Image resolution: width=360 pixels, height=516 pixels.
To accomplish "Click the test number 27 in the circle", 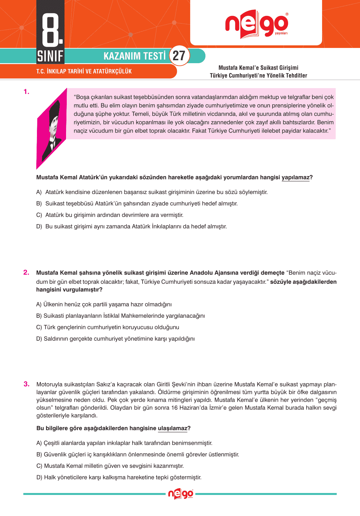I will click(x=179, y=56).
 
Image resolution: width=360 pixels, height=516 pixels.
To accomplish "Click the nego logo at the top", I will click(x=256, y=24).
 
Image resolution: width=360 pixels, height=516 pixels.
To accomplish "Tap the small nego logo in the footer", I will click(x=180, y=494).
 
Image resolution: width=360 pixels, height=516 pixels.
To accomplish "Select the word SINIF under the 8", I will click(x=50, y=56).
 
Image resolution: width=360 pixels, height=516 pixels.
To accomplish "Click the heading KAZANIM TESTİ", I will click(x=134, y=56).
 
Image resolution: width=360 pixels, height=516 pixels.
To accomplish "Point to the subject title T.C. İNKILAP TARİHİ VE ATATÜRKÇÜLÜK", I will click(x=84, y=71).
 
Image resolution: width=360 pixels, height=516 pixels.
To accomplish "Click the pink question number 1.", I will click(x=26, y=92).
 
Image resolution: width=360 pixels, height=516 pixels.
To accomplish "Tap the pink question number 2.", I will click(x=26, y=272).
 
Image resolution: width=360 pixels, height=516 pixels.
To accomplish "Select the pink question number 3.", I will click(x=27, y=384).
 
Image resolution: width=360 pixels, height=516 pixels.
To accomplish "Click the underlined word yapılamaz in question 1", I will click(x=295, y=178).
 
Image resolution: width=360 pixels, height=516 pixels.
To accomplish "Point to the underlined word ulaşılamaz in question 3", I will click(x=172, y=428).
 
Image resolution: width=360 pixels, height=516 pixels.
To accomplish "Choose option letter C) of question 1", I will click(x=39, y=215).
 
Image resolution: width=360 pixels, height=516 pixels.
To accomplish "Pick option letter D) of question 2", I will click(x=39, y=339).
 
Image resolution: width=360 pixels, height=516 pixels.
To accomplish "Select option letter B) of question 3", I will click(x=39, y=454).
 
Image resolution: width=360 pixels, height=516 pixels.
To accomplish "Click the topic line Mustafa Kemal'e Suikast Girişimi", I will click(x=258, y=68).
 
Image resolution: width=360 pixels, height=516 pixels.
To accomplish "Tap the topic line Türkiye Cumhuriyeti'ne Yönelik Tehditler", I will click(x=258, y=75).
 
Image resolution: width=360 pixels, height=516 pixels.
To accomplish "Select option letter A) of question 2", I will click(x=39, y=304).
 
